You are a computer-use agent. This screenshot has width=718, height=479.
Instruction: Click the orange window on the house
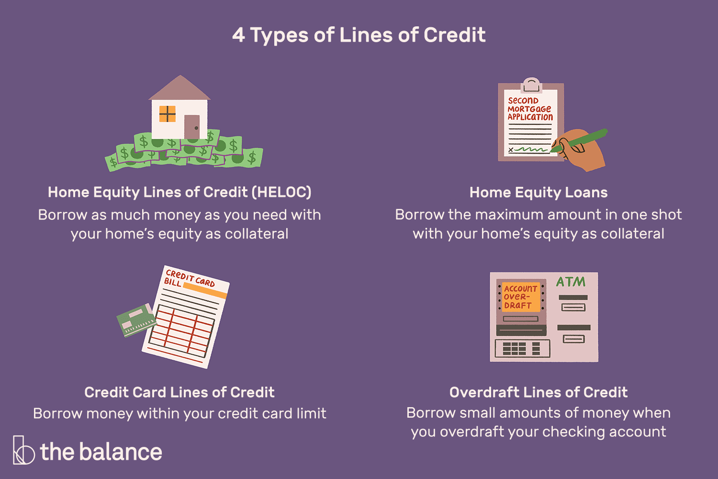coord(168,114)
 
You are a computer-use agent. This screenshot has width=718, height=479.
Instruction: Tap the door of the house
coord(191,127)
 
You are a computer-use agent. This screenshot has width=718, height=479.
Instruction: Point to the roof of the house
coord(179,88)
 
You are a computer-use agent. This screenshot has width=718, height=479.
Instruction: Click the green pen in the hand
coord(579,140)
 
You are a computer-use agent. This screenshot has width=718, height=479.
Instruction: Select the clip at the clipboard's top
coord(531,85)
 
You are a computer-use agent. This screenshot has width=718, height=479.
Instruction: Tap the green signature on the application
coord(531,149)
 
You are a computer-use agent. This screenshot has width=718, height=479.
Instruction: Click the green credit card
coord(136,320)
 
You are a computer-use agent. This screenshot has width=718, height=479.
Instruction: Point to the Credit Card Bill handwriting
coord(189,278)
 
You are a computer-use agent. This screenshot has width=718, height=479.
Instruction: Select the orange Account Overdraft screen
coord(521,297)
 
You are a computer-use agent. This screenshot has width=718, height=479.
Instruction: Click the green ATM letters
coord(571,282)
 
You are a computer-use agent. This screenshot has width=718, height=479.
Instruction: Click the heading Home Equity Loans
coord(538,193)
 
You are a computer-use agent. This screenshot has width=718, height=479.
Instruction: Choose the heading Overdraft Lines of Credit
coord(538,392)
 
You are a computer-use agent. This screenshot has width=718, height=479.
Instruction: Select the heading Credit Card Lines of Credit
coord(179,392)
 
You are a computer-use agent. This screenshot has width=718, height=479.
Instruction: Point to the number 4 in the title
coord(238,35)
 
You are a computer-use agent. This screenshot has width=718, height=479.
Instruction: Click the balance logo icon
coord(23,450)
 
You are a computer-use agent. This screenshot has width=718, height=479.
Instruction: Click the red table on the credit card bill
coord(181,331)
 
